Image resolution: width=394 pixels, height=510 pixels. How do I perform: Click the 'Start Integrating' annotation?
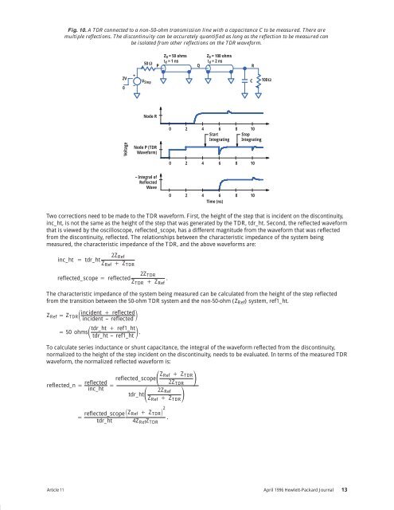pos(219,137)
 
